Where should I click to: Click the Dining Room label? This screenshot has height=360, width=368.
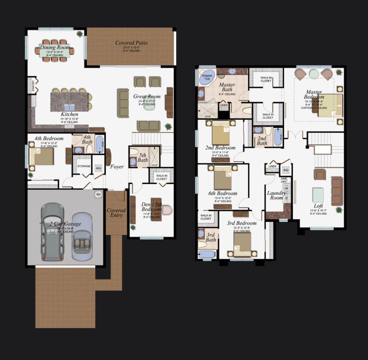tap(55, 47)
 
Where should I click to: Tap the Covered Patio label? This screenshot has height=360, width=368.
tap(132, 43)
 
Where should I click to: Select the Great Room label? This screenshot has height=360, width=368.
tap(147, 97)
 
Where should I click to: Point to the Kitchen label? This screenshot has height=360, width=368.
tap(69, 114)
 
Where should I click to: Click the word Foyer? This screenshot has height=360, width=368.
tap(117, 166)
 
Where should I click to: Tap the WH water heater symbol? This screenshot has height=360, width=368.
tap(98, 194)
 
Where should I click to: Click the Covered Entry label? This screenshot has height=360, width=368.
tap(116, 213)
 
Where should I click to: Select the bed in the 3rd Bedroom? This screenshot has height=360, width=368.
tap(242, 244)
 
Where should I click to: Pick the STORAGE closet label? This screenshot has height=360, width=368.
tap(84, 166)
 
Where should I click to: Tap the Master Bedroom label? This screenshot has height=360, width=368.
tap(314, 94)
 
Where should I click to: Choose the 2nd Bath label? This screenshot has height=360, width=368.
tap(262, 141)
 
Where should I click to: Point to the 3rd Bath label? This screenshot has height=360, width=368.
tap(211, 237)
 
